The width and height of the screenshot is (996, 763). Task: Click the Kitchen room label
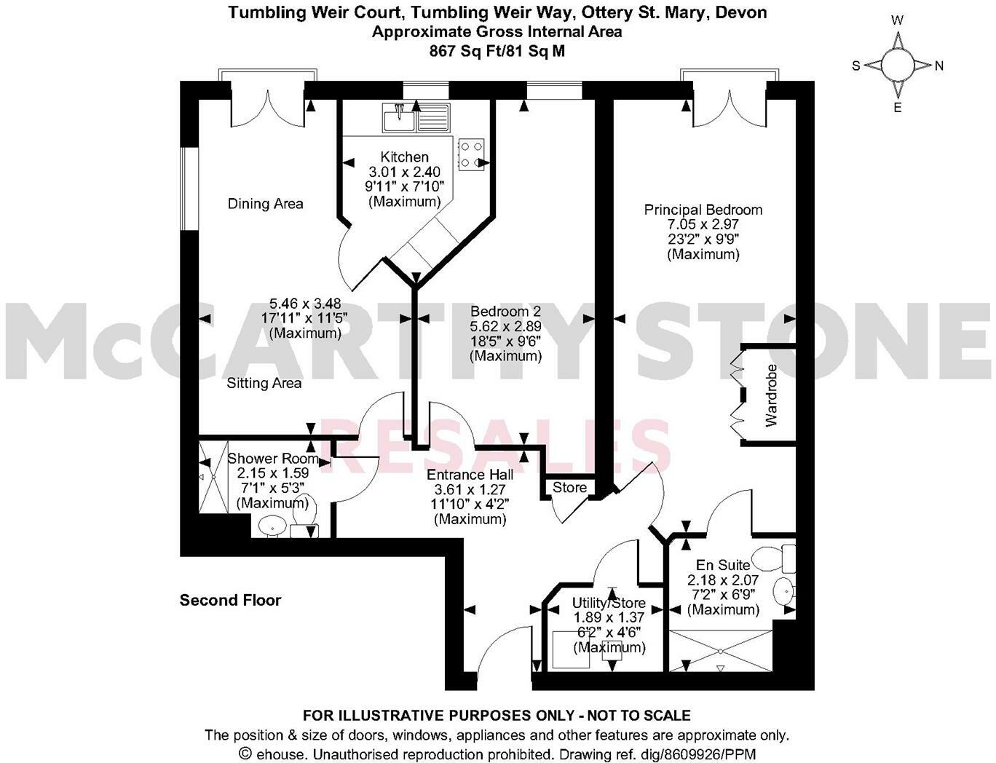tap(405, 157)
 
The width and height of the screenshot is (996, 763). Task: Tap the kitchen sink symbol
tap(398, 117)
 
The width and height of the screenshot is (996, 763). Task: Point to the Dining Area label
tap(265, 204)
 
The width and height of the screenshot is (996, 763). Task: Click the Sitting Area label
tap(264, 383)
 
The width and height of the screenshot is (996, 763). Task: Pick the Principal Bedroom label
tap(703, 210)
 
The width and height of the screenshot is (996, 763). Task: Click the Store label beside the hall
tap(569, 487)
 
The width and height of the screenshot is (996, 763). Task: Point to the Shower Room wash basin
tap(272, 525)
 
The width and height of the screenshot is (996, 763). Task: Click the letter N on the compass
tap(938, 66)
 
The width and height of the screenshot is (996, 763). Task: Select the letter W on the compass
tap(898, 20)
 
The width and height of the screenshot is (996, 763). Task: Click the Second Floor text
tap(230, 600)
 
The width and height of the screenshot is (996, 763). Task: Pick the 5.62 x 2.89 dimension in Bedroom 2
tap(506, 327)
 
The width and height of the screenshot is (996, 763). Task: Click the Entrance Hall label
tap(470, 475)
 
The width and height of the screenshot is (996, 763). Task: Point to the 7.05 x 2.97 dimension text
tap(703, 225)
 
